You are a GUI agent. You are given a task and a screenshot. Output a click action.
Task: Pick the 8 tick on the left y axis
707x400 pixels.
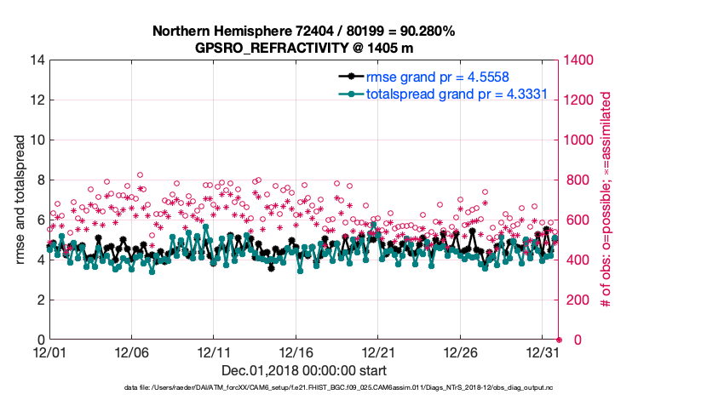(39, 180)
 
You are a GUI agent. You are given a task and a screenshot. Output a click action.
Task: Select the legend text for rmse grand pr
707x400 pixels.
(438, 77)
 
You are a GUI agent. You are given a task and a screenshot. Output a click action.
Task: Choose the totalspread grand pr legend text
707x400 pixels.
(456, 94)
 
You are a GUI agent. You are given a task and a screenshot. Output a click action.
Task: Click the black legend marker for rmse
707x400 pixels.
(348, 77)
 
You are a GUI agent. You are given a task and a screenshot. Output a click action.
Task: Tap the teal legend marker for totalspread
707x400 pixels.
(348, 94)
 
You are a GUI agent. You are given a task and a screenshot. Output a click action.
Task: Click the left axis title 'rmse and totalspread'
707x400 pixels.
(21, 199)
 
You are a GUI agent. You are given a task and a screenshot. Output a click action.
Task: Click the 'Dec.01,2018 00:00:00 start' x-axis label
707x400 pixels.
(304, 370)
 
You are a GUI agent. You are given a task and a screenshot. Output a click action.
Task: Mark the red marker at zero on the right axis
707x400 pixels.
(559, 340)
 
